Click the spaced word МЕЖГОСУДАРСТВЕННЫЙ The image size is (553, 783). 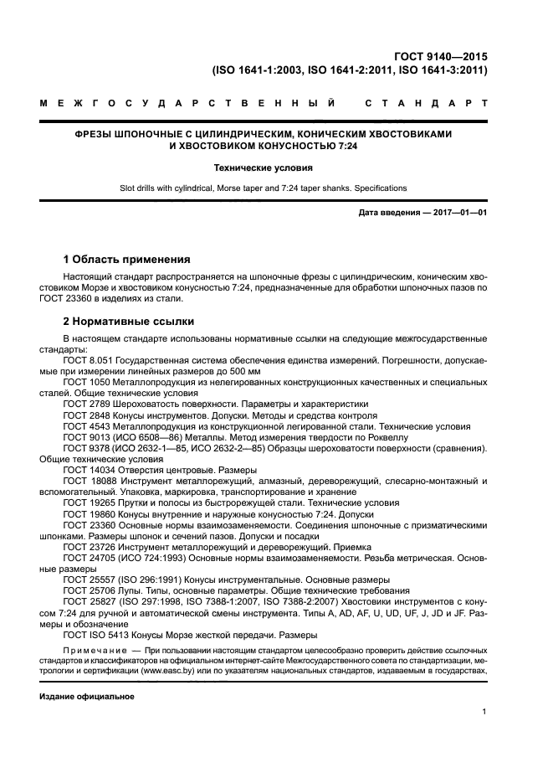click(x=189, y=105)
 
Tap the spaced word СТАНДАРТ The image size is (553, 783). click(x=426, y=105)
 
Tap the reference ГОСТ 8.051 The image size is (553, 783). click(x=86, y=359)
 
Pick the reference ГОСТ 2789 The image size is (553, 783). click(x=84, y=403)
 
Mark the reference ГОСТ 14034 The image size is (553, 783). click(x=86, y=470)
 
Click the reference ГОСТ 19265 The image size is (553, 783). click(x=86, y=502)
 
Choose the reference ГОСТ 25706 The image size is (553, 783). click(x=86, y=590)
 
